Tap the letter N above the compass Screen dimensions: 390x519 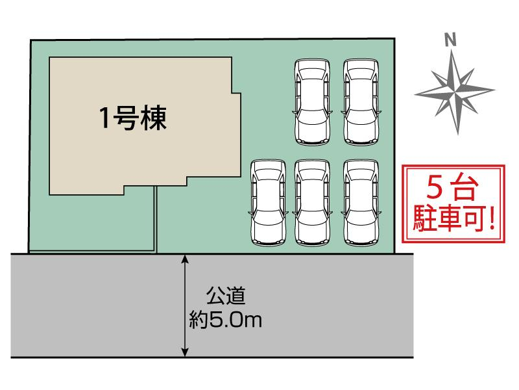(449, 40)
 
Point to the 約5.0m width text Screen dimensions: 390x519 (225, 319)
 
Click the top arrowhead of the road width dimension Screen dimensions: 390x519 (186, 260)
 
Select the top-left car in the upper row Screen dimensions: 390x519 (313, 102)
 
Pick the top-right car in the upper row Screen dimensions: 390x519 (361, 102)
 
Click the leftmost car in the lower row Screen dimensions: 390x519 (268, 203)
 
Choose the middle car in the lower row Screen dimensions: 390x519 (313, 203)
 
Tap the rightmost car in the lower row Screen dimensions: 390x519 (361, 203)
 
